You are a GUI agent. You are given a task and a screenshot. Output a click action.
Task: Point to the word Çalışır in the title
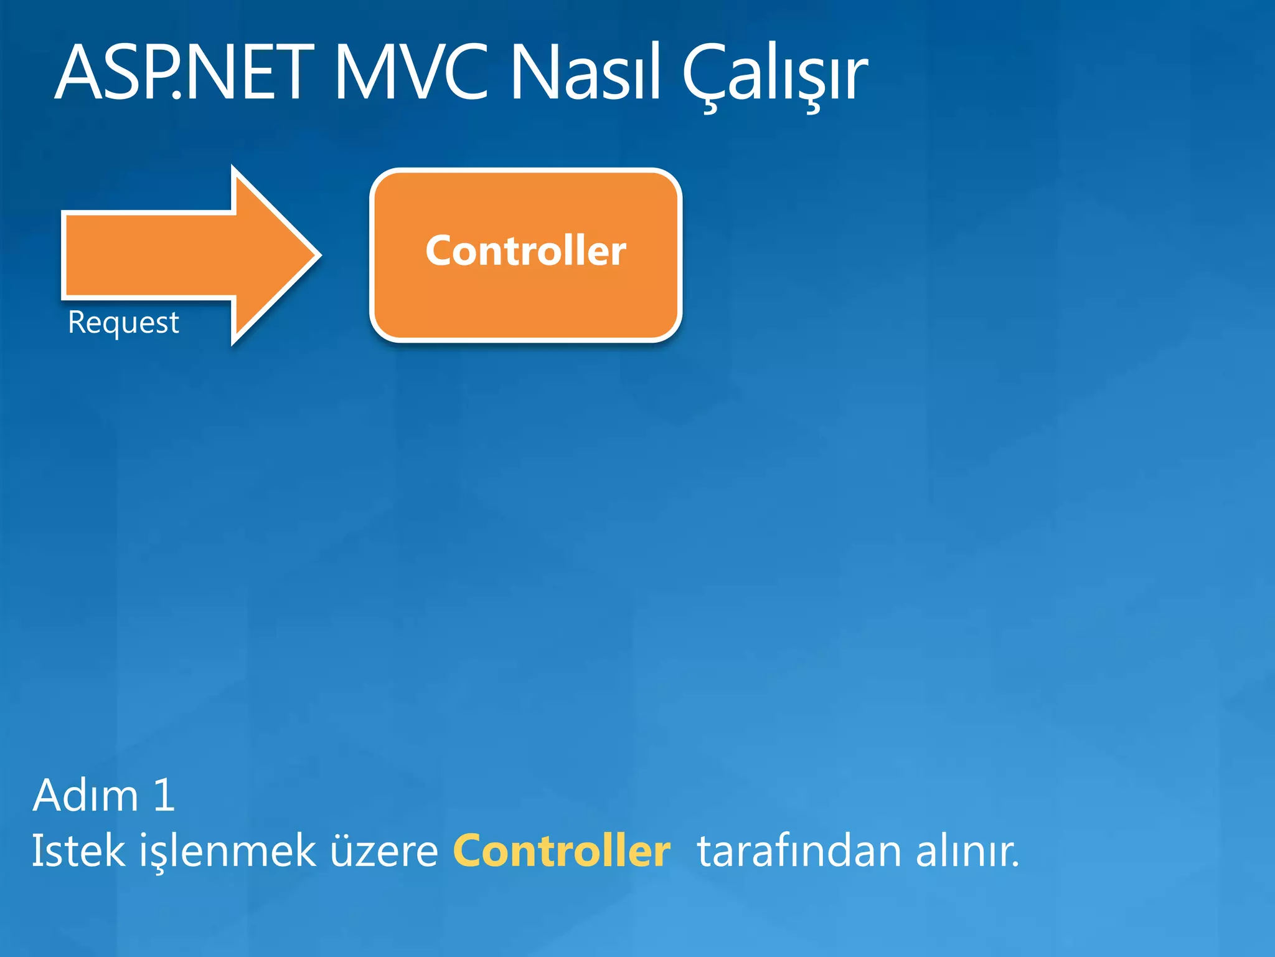point(775,74)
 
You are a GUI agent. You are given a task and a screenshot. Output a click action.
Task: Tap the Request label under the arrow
point(123,323)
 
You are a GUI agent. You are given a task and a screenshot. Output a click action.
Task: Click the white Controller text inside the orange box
point(525,251)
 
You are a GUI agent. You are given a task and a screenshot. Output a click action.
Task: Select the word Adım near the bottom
point(85,796)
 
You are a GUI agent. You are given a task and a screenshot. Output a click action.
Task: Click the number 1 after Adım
point(164,796)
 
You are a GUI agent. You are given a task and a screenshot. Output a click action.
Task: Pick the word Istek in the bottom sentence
point(78,851)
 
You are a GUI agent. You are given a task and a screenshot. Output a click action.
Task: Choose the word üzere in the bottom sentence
point(383,851)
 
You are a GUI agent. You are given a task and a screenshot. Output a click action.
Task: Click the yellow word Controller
point(562,851)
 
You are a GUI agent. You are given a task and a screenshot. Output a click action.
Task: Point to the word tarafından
point(799,851)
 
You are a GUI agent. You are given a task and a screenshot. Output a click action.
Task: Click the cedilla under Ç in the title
point(710,107)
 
